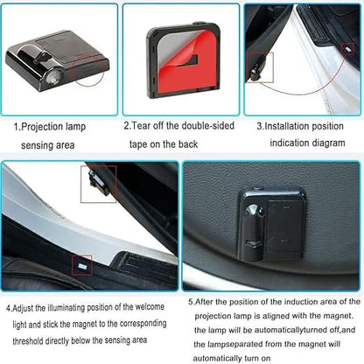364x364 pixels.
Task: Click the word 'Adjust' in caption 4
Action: [x=29, y=308]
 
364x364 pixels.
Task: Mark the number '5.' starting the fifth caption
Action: [x=192, y=301]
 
